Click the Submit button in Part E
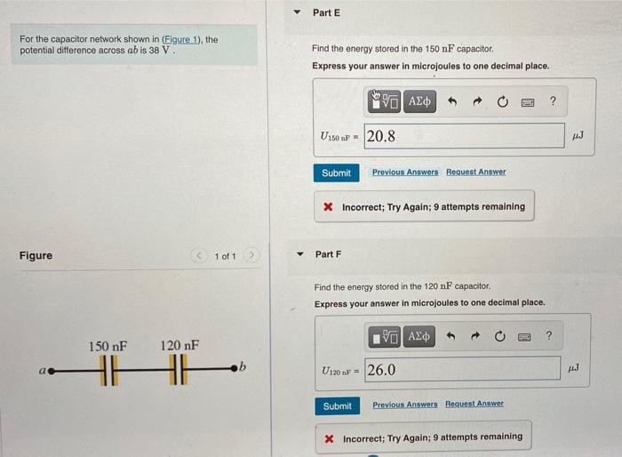(x=336, y=172)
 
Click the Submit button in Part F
(x=337, y=405)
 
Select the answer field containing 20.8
(x=463, y=136)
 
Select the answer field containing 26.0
(x=463, y=369)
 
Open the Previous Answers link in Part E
(x=405, y=172)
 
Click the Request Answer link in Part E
(x=475, y=172)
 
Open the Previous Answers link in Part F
(x=405, y=405)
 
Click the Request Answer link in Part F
(x=474, y=405)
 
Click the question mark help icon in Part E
(x=553, y=101)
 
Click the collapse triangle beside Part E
(x=298, y=13)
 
